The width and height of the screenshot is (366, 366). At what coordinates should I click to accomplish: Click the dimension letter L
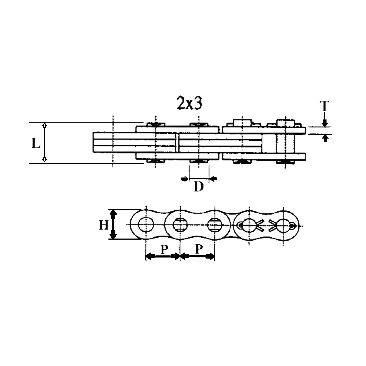[x=36, y=143]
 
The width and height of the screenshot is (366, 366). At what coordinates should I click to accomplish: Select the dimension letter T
[x=324, y=106]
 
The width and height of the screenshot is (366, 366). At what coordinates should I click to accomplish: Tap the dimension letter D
[x=199, y=187]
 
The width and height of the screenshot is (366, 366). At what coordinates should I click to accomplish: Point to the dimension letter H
[x=104, y=225]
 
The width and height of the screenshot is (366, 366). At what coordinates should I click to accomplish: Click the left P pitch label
[x=164, y=249]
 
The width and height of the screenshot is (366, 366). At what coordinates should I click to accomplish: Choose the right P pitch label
[x=199, y=249]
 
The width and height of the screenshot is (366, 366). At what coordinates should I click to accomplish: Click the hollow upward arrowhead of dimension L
[x=44, y=125]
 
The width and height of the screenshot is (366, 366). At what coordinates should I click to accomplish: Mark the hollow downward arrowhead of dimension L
[x=44, y=159]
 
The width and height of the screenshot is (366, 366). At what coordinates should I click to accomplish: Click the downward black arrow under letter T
[x=325, y=123]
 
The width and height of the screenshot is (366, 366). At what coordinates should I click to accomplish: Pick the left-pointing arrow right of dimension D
[x=214, y=179]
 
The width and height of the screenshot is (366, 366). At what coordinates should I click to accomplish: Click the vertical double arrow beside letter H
[x=113, y=224]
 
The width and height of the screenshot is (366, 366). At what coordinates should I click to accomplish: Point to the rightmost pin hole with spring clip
[x=283, y=225]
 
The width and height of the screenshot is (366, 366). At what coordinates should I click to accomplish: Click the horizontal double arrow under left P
[x=163, y=256]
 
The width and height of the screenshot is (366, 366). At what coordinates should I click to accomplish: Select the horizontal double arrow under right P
[x=197, y=256]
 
